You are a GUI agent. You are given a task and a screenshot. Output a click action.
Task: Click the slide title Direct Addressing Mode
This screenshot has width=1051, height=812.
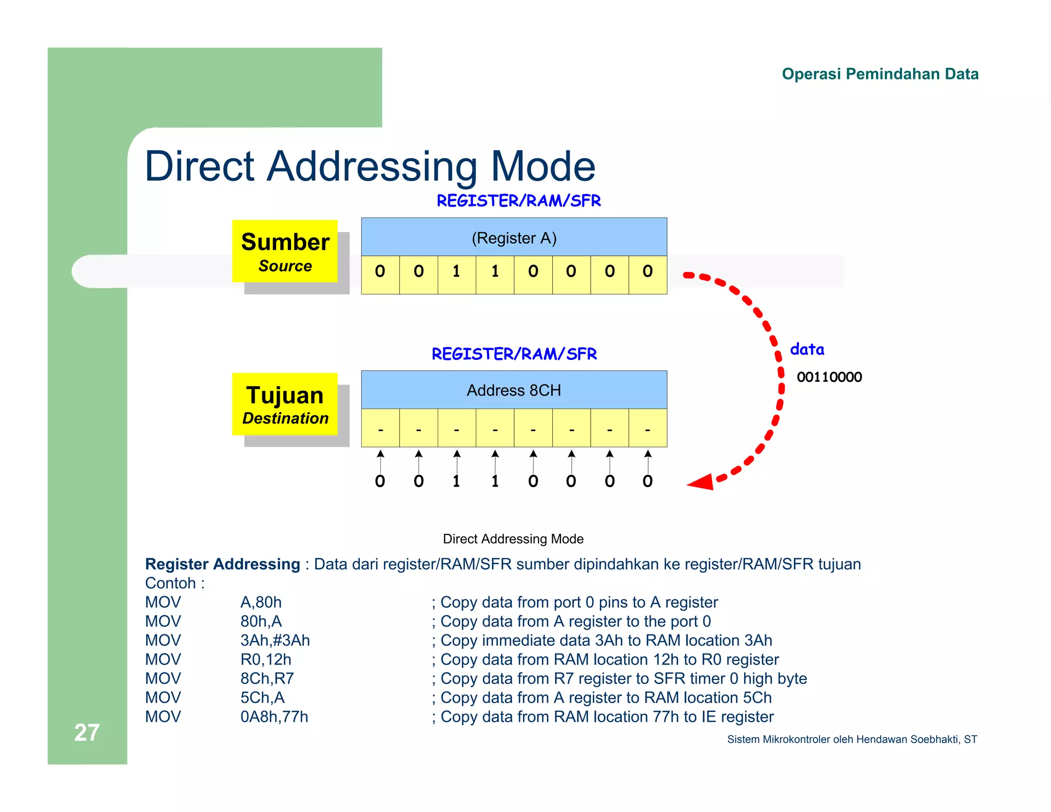369,166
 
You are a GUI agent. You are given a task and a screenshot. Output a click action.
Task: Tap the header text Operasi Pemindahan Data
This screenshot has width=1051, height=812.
880,74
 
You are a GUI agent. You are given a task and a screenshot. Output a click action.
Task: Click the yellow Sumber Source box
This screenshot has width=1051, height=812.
285,251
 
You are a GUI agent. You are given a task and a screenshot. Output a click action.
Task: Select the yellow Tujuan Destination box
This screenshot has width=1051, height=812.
285,404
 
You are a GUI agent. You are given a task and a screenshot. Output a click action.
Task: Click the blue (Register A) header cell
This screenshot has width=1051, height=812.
514,238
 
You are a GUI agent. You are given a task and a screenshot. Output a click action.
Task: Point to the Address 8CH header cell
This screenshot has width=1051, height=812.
514,390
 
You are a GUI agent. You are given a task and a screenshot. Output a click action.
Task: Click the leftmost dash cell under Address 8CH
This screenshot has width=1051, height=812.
380,428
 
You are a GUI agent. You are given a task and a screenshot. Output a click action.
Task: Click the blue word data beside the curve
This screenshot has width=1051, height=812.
807,350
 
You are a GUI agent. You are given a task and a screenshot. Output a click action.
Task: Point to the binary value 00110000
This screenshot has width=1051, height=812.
829,377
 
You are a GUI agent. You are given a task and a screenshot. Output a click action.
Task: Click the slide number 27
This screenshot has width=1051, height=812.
86,732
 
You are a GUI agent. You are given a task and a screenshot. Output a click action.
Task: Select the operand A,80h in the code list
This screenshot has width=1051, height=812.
261,602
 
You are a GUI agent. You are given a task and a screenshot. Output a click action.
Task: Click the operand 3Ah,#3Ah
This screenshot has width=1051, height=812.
275,640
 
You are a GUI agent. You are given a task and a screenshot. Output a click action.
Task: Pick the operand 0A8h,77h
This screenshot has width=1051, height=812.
274,717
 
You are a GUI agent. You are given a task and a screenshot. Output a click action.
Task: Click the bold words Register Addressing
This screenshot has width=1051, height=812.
222,564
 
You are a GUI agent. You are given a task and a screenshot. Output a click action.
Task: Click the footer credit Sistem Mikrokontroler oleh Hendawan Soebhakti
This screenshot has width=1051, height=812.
851,739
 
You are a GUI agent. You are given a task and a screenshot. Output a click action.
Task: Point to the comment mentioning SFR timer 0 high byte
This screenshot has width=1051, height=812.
623,679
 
